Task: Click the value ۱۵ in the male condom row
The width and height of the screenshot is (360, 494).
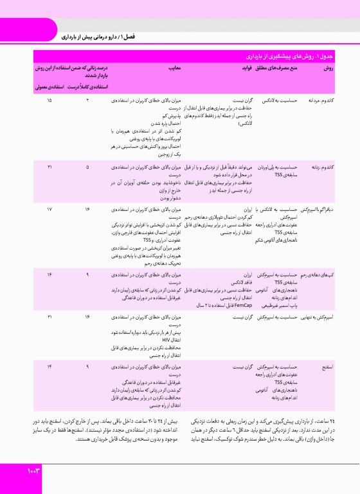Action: pos(50,101)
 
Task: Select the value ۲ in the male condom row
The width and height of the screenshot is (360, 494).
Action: pos(87,101)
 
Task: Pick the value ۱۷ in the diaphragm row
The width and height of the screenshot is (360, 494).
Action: pos(50,210)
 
